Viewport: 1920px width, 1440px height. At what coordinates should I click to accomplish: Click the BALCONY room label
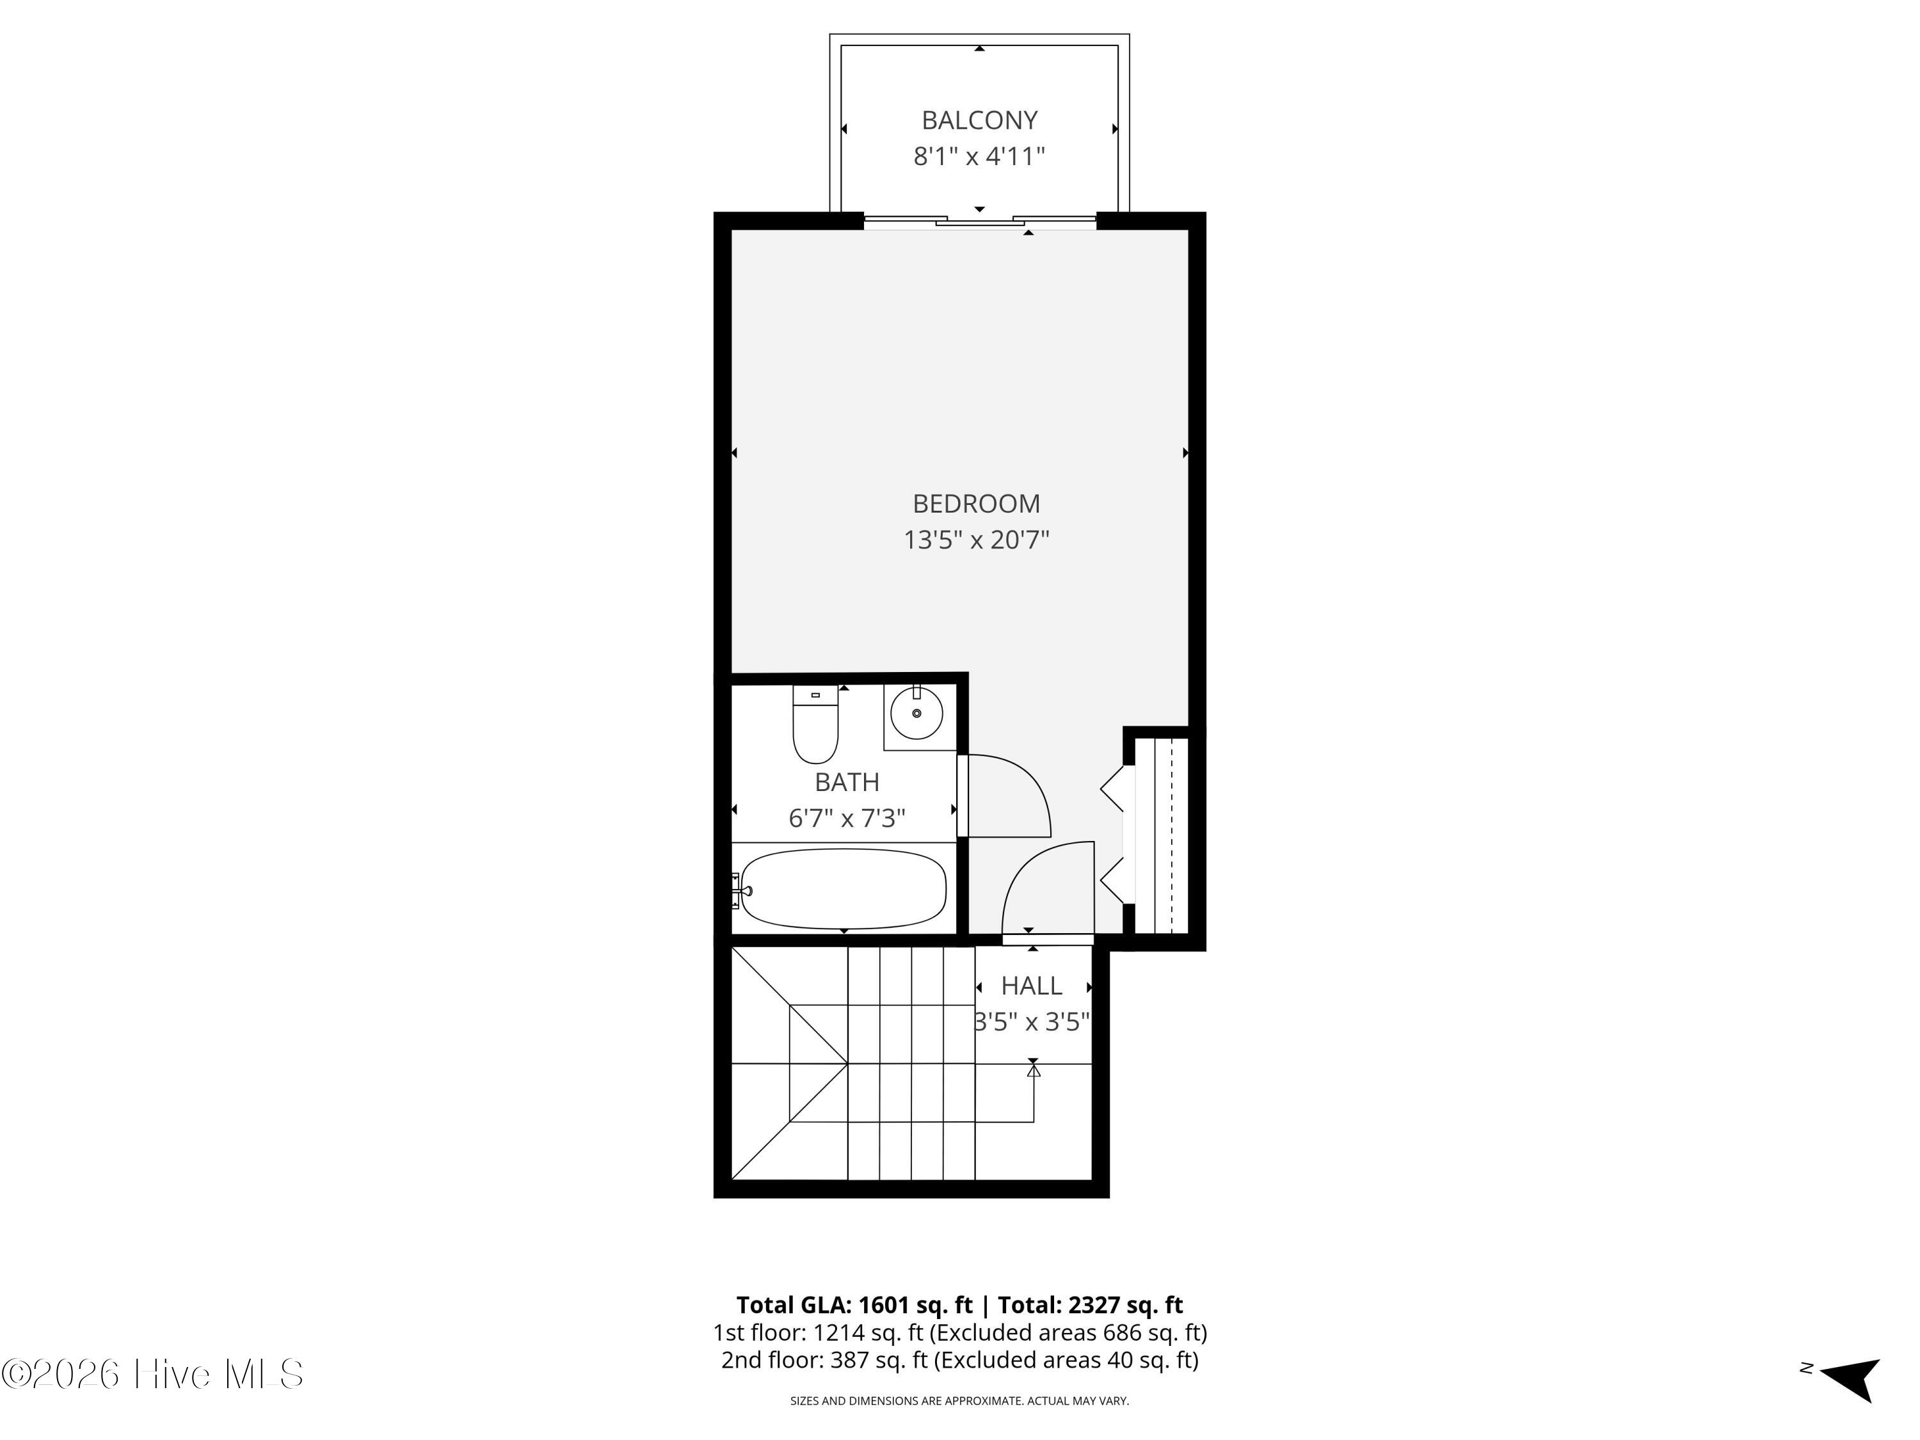(x=979, y=120)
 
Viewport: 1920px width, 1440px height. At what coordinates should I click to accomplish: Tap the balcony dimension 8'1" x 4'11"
(x=979, y=156)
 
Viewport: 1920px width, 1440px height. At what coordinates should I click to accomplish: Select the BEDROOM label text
(x=977, y=504)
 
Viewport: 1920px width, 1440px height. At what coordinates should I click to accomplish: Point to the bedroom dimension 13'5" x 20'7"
(x=977, y=540)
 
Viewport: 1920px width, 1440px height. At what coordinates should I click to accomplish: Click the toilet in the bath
(x=815, y=724)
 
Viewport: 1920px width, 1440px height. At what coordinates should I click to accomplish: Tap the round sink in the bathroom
(x=916, y=712)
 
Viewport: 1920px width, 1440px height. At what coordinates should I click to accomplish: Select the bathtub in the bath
(x=842, y=889)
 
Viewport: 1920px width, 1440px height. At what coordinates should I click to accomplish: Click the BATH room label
(x=847, y=782)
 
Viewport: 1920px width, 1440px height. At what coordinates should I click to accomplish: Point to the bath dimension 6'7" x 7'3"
(x=847, y=819)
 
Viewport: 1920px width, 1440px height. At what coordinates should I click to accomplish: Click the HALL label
(x=1031, y=985)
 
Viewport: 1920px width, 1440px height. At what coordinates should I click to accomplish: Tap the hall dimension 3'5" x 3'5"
(x=1031, y=1021)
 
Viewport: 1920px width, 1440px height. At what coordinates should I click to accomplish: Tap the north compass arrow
(x=1851, y=1379)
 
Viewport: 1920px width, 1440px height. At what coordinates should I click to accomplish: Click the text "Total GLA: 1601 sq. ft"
(x=854, y=1304)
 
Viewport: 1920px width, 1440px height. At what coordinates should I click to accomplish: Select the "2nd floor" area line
(x=960, y=1359)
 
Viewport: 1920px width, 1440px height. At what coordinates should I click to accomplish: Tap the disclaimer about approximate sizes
(x=959, y=1401)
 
